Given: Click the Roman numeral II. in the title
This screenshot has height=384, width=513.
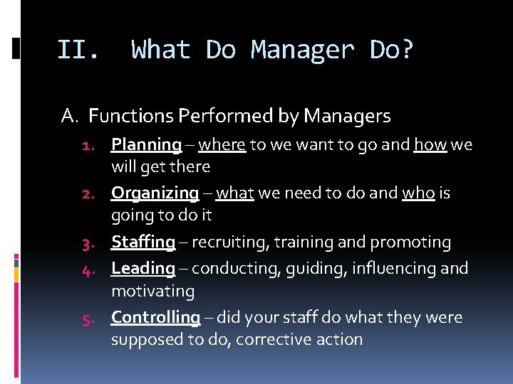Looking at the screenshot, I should pyautogui.click(x=78, y=50).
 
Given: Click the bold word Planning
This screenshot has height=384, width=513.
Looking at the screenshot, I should pyautogui.click(x=146, y=145).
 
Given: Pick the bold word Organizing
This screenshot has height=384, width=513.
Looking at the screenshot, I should pyautogui.click(x=155, y=193).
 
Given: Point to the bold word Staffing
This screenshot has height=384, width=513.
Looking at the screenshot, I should pyautogui.click(x=142, y=242).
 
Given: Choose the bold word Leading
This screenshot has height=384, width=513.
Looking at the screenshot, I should pyautogui.click(x=142, y=268).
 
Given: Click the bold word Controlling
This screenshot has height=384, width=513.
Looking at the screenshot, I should pyautogui.click(x=155, y=317).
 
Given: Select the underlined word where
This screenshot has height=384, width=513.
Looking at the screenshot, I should pyautogui.click(x=222, y=145).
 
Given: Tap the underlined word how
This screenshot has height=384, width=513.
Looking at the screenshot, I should pyautogui.click(x=430, y=145).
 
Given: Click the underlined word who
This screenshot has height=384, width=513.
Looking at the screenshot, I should pyautogui.click(x=418, y=193).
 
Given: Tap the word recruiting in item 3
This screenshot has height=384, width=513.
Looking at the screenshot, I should pyautogui.click(x=224, y=242).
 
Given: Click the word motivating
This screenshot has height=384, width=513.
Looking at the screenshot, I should pyautogui.click(x=152, y=292).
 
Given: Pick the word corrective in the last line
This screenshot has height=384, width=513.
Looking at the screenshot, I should pyautogui.click(x=269, y=339).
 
